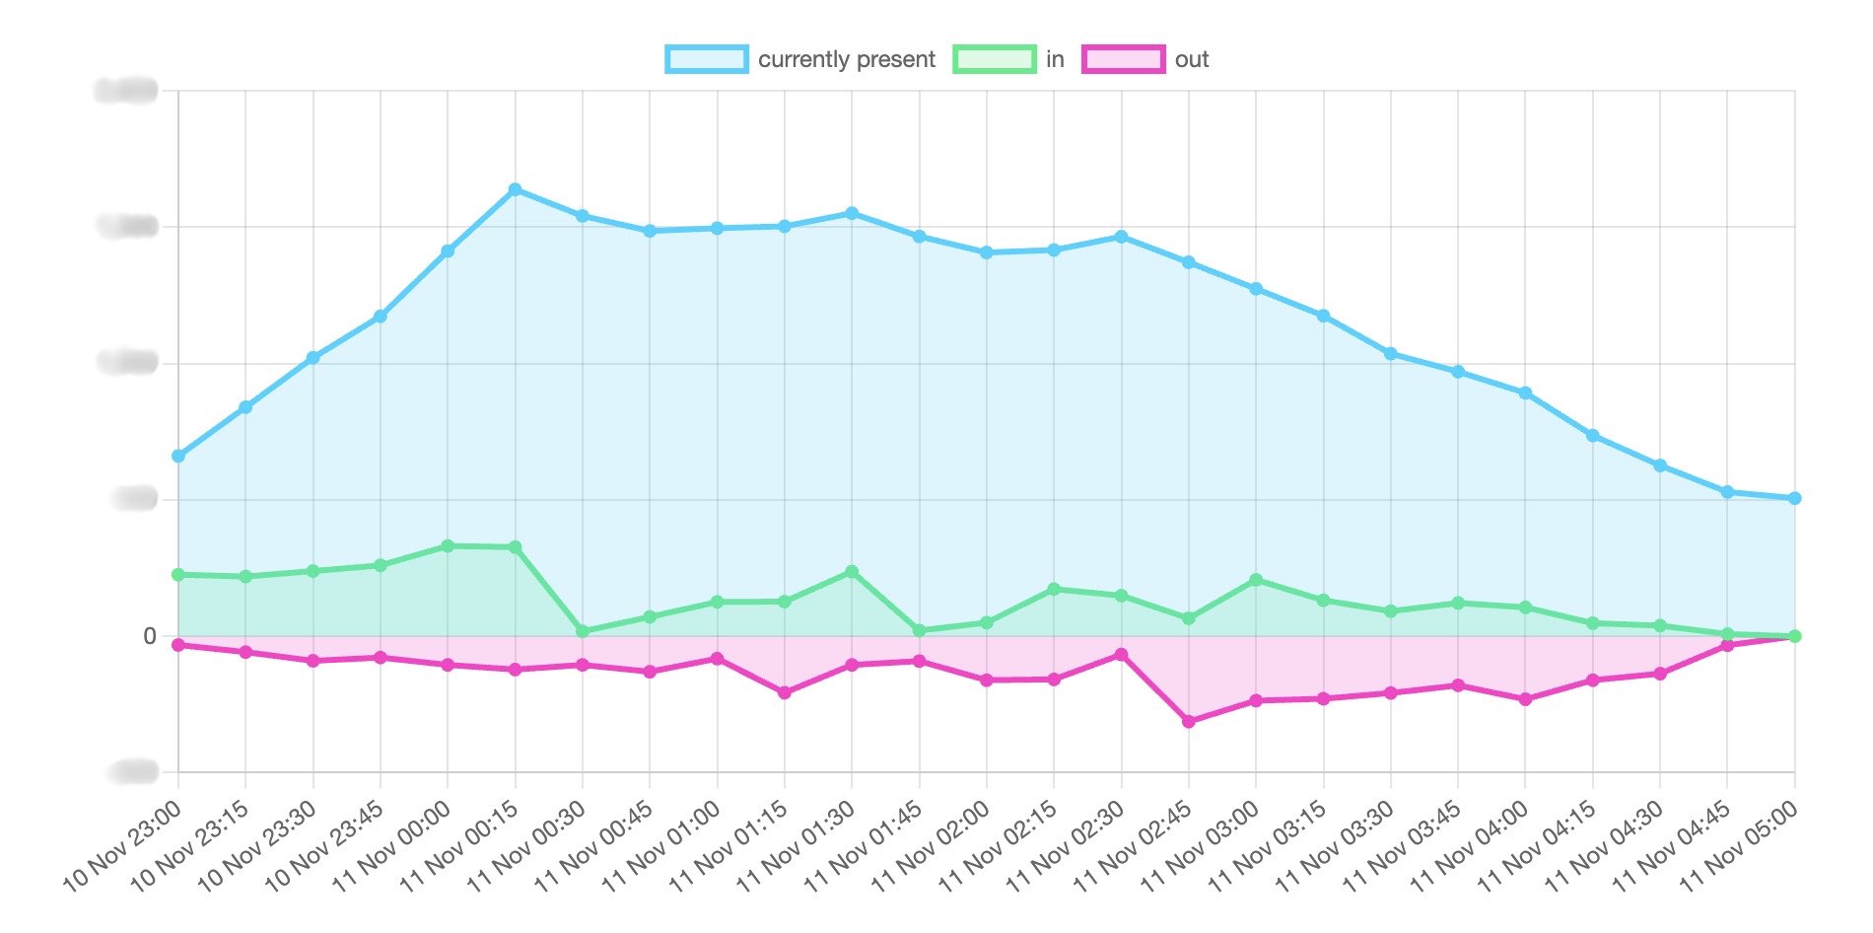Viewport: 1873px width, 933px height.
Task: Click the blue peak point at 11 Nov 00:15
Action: click(x=515, y=189)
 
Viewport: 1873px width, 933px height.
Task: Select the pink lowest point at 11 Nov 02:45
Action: click(x=1189, y=722)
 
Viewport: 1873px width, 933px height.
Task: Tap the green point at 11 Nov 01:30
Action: click(x=852, y=572)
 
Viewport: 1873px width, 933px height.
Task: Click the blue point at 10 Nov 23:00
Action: click(x=178, y=457)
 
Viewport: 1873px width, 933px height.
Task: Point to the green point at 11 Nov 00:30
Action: click(x=583, y=631)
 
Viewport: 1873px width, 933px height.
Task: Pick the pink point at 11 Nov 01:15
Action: click(x=785, y=693)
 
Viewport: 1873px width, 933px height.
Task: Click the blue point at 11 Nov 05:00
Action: click(x=1794, y=499)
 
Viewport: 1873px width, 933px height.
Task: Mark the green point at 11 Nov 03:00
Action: click(x=1256, y=580)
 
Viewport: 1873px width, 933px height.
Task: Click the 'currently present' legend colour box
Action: click(x=706, y=59)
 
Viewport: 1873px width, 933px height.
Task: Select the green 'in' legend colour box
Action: click(x=994, y=59)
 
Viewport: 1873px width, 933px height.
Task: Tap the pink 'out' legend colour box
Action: click(x=1123, y=59)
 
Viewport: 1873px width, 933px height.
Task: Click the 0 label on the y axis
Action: click(x=150, y=636)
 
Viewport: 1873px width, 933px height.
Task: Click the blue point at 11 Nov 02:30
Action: click(x=1121, y=237)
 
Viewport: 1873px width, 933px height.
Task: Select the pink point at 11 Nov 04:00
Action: click(x=1525, y=699)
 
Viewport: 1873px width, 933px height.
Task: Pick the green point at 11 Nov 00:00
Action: click(x=448, y=545)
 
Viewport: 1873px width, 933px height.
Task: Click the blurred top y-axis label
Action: click(x=126, y=92)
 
